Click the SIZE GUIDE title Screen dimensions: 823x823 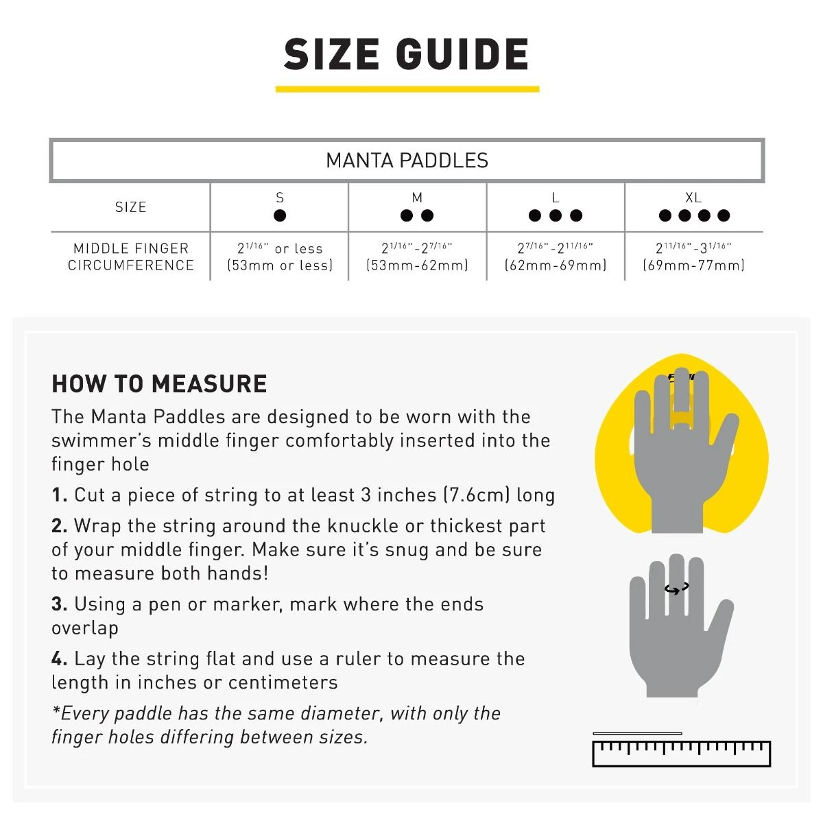407,55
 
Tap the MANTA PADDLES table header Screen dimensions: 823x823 407,160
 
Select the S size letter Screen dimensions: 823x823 280,198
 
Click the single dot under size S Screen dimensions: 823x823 280,215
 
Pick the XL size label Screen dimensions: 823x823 693,198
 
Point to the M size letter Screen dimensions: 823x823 417,198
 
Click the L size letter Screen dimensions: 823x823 556,198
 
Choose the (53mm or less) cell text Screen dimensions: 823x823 280,265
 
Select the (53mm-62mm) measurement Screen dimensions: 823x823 417,265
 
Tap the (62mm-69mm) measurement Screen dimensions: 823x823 556,265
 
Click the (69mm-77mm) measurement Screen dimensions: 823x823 693,265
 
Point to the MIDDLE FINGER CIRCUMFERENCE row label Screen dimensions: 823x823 130,257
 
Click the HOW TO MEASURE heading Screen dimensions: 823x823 159,384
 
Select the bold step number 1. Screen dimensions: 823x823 59,495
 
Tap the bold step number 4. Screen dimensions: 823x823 59,659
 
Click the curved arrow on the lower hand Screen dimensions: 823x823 676,589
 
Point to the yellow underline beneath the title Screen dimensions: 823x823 407,88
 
